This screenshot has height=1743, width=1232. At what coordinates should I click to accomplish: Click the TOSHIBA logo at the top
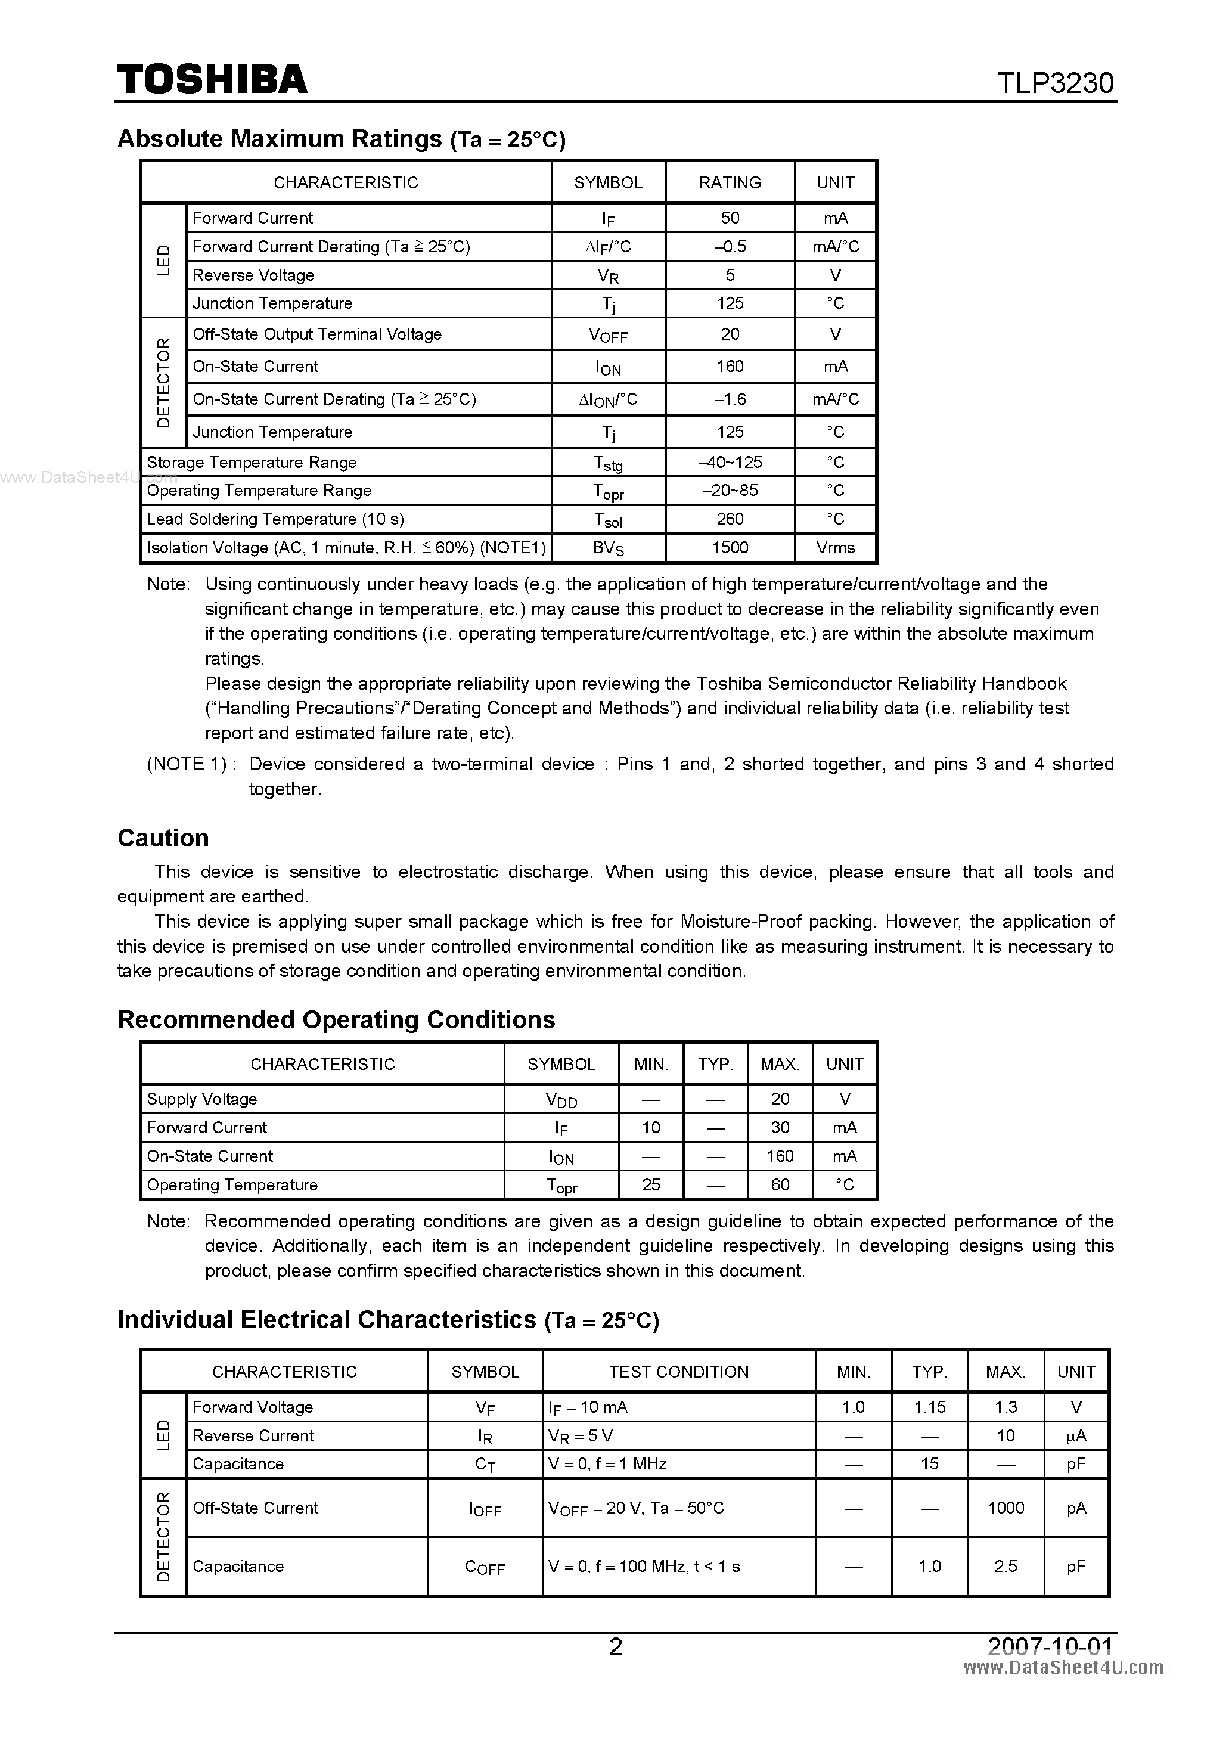tap(212, 79)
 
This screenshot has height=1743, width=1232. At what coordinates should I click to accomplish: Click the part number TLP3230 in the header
tap(1055, 83)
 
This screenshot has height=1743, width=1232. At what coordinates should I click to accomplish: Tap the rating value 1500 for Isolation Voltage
tap(730, 547)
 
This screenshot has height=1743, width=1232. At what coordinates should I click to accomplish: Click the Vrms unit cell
tap(835, 547)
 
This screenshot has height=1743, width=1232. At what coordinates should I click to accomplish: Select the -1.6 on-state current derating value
tap(730, 399)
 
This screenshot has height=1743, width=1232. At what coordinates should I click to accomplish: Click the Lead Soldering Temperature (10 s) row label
tap(275, 519)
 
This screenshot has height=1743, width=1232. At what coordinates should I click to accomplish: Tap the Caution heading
tap(163, 838)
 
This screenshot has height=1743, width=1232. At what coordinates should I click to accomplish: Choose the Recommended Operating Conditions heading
tap(336, 1019)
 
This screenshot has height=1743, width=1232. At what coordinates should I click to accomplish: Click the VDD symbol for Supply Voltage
tap(561, 1099)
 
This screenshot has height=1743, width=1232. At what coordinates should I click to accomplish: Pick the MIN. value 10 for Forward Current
tap(650, 1127)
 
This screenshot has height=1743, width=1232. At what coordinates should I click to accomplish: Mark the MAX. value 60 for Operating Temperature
tap(780, 1184)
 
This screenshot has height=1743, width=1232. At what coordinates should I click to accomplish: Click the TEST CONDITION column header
tap(679, 1371)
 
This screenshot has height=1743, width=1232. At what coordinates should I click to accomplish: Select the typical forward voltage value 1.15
tap(929, 1407)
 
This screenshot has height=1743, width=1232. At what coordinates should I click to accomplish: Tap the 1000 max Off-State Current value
tap(1006, 1507)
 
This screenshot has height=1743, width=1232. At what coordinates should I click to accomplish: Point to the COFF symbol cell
tap(485, 1566)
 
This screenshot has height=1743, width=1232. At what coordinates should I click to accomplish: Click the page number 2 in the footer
tap(616, 1646)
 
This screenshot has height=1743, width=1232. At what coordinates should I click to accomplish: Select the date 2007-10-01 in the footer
tap(1050, 1646)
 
